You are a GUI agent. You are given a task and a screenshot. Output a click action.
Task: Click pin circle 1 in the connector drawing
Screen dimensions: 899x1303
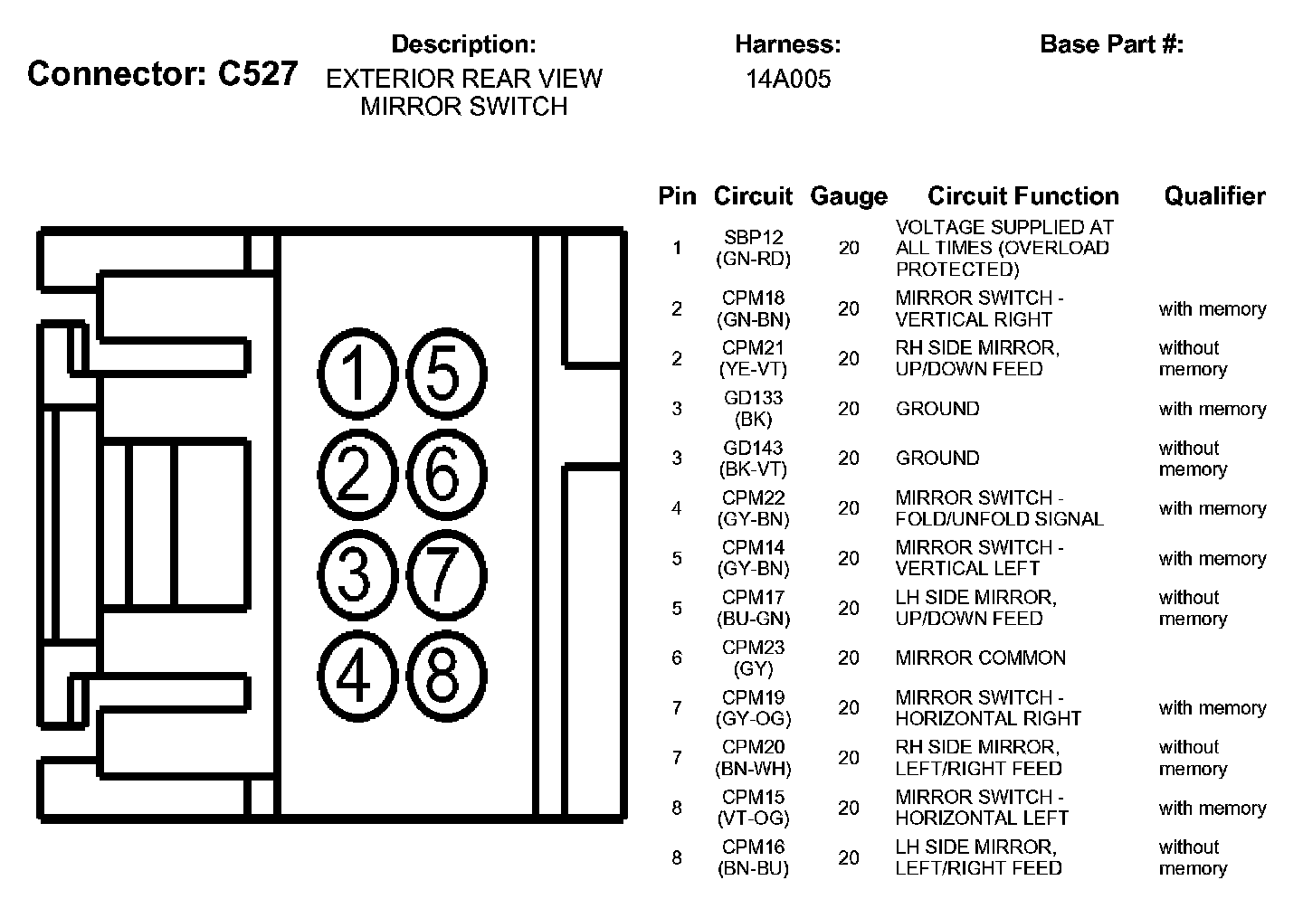(357, 374)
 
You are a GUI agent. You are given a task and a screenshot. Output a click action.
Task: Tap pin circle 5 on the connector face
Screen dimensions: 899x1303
(445, 374)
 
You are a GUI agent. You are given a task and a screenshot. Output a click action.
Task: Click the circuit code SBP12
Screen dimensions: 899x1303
(753, 238)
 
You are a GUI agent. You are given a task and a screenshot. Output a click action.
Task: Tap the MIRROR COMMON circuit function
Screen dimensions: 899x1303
(980, 658)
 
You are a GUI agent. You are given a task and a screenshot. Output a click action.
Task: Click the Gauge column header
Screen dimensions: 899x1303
(848, 196)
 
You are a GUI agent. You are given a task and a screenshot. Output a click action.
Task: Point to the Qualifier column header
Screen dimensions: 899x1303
(1214, 196)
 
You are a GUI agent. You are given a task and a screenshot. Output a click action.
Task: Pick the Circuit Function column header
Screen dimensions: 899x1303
(1022, 196)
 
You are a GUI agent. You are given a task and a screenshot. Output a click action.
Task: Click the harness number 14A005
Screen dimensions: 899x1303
(787, 80)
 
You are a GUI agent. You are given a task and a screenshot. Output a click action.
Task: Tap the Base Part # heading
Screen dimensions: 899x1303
(1111, 44)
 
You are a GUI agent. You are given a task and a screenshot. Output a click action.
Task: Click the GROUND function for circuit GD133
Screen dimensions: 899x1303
(937, 409)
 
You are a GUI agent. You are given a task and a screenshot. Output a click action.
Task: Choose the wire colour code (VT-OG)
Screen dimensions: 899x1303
(753, 819)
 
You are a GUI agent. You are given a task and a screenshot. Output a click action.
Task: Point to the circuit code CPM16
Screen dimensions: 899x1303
(753, 847)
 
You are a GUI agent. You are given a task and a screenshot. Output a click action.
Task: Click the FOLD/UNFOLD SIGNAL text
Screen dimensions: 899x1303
(999, 519)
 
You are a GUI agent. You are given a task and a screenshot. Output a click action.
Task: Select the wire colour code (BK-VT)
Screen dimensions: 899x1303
(753, 469)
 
